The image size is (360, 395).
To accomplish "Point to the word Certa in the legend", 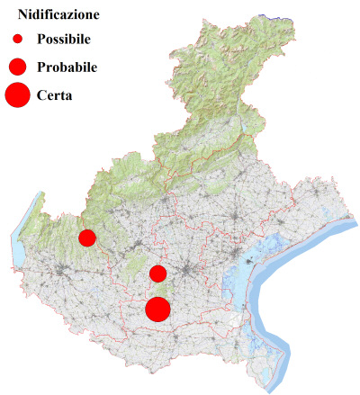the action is pos(54,94).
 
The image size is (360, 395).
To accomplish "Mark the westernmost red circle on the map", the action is pos(87,238).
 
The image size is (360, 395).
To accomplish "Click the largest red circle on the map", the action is pos(158,310).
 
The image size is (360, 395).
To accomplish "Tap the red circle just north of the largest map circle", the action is pos(157,274).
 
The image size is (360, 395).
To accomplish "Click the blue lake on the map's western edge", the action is pos(19,243).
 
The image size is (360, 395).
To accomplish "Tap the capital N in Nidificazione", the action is pos(23,15).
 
